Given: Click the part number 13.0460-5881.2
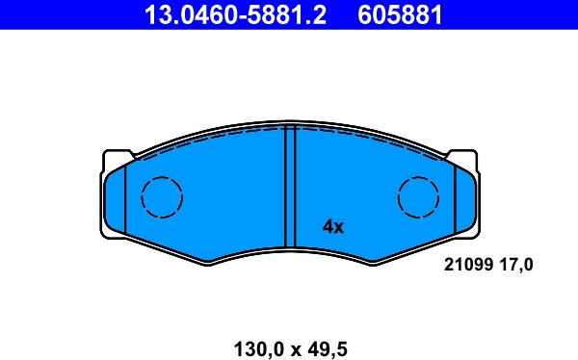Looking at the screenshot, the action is coord(235,15).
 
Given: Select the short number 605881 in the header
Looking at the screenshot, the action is coord(400,15).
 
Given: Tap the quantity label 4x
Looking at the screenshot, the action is coord(333,227).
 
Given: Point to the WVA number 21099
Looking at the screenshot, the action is coord(468,265).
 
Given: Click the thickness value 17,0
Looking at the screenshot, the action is coord(516,265).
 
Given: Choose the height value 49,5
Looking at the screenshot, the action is coord(328,349).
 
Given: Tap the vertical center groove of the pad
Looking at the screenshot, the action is coord(291,186).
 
